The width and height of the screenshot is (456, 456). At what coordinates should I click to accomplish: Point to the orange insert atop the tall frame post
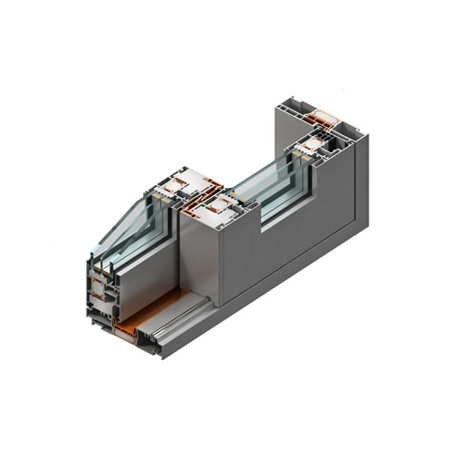(x=324, y=117)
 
